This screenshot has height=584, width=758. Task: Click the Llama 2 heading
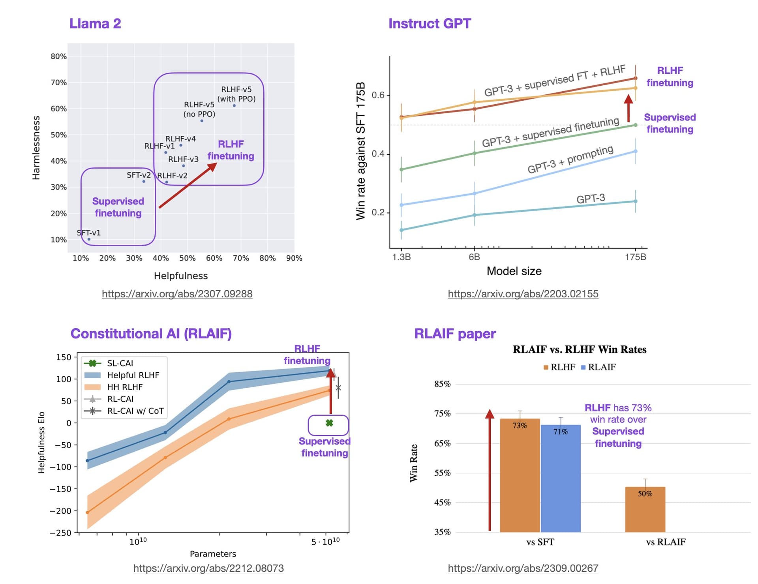point(95,24)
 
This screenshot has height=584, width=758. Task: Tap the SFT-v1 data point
point(89,239)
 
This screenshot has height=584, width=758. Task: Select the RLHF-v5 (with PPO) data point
point(234,106)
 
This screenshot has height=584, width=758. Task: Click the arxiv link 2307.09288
point(177,294)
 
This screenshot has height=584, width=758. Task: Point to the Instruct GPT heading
point(430,24)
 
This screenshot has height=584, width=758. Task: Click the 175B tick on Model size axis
point(635,257)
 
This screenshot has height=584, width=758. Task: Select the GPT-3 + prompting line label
point(570,160)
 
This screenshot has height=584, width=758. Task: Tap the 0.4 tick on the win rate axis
point(378,154)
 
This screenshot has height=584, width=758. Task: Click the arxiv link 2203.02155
point(523,294)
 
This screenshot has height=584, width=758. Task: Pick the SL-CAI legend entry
point(120,363)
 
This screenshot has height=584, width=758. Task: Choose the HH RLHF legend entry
point(124,387)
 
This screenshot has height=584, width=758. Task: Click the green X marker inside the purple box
point(329,423)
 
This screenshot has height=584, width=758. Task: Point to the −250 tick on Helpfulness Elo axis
point(60,533)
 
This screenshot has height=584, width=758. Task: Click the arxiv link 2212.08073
point(208,568)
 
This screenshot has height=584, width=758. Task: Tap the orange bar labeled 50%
point(645,509)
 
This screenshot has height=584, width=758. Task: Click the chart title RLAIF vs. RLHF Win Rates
point(579,349)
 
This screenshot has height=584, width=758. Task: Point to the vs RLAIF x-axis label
point(666,542)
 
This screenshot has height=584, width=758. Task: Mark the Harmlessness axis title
point(36,148)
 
